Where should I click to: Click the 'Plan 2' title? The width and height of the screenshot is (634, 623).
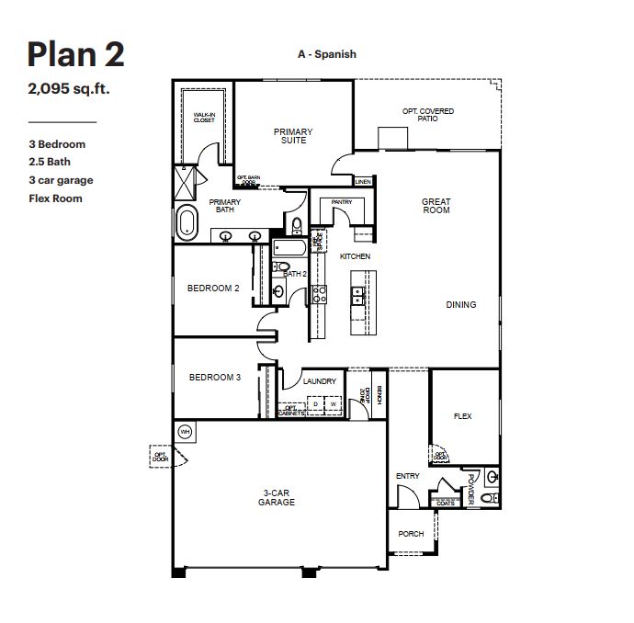(75, 55)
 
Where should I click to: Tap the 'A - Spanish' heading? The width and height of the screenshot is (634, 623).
(326, 54)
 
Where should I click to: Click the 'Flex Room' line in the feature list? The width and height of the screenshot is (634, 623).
(55, 198)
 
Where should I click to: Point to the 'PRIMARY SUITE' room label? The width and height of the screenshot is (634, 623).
(293, 137)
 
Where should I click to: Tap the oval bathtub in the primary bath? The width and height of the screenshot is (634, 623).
(187, 223)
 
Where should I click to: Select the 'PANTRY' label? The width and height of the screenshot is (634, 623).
(342, 201)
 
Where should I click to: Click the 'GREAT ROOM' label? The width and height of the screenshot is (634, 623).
(436, 206)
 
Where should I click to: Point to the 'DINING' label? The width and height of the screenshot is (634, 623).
(461, 305)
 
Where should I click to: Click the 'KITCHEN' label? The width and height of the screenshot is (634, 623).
(355, 256)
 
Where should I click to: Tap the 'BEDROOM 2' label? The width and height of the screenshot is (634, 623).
(213, 289)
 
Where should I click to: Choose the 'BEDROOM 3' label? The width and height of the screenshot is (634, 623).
(215, 378)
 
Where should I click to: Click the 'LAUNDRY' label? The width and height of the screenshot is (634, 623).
(319, 381)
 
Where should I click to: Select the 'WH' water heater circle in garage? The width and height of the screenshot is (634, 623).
(185, 431)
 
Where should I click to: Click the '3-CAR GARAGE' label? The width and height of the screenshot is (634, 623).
(276, 498)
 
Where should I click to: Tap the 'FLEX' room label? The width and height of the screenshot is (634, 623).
(462, 416)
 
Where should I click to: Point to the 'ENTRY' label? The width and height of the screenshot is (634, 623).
(407, 476)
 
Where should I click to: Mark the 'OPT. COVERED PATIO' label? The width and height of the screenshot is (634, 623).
(428, 115)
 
